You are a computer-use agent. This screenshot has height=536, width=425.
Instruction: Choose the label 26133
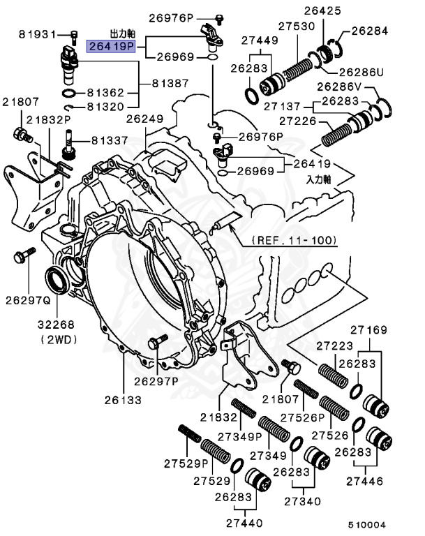[x=124, y=400]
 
